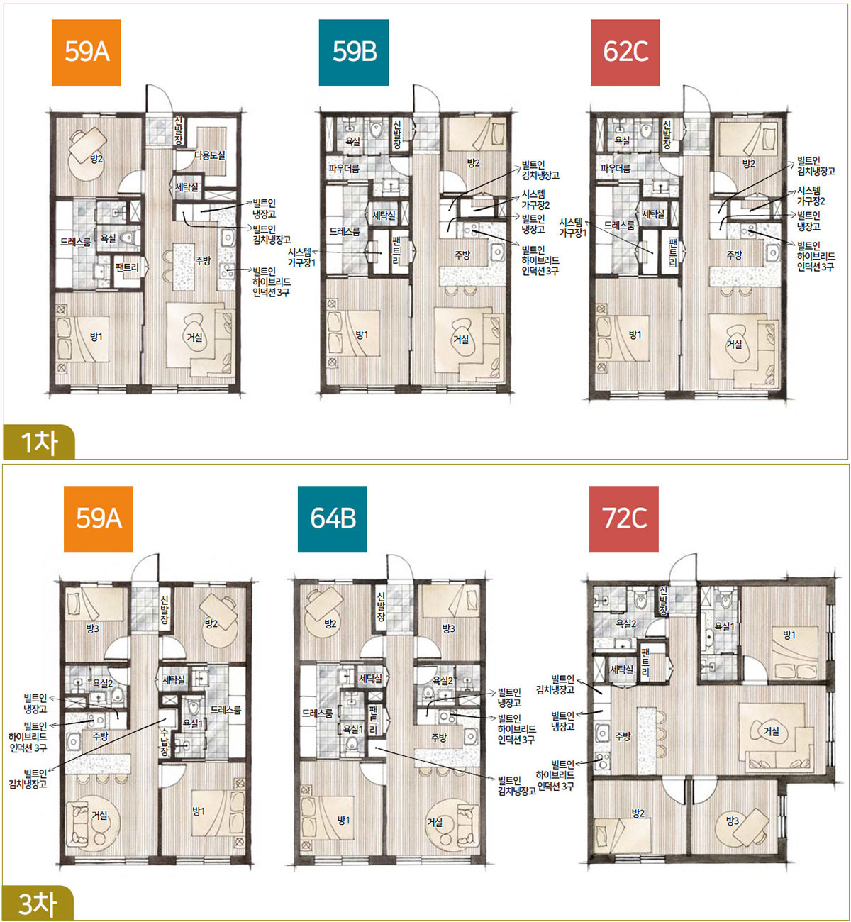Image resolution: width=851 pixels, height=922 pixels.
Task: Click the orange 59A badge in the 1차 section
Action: [x=87, y=52]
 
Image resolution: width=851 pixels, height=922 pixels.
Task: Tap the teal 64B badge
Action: [x=333, y=519]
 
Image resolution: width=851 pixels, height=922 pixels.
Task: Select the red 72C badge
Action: [x=624, y=519]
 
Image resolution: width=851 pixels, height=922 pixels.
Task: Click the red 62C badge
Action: [x=625, y=52]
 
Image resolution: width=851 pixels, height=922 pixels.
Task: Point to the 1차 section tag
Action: [x=39, y=442]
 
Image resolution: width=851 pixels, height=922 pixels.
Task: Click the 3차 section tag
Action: [x=38, y=903]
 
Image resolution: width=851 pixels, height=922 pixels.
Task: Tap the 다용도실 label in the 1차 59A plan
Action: [x=210, y=155]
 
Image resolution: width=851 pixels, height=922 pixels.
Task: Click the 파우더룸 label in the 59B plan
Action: [x=344, y=168]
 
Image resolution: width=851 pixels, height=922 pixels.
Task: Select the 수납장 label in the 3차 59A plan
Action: [x=165, y=742]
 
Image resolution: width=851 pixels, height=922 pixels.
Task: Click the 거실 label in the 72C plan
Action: [x=771, y=732]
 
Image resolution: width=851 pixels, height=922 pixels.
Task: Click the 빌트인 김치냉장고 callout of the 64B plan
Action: [x=517, y=786]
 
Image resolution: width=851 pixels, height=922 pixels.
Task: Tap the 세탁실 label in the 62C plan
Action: [x=652, y=214]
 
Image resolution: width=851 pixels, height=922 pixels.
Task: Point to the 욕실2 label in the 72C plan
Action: [x=625, y=624]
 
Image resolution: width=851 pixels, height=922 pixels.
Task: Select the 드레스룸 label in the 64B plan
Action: [x=318, y=713]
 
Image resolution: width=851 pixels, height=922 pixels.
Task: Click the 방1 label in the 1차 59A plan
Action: [x=96, y=337]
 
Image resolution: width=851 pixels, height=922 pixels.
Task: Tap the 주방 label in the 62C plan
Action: [x=734, y=255]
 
